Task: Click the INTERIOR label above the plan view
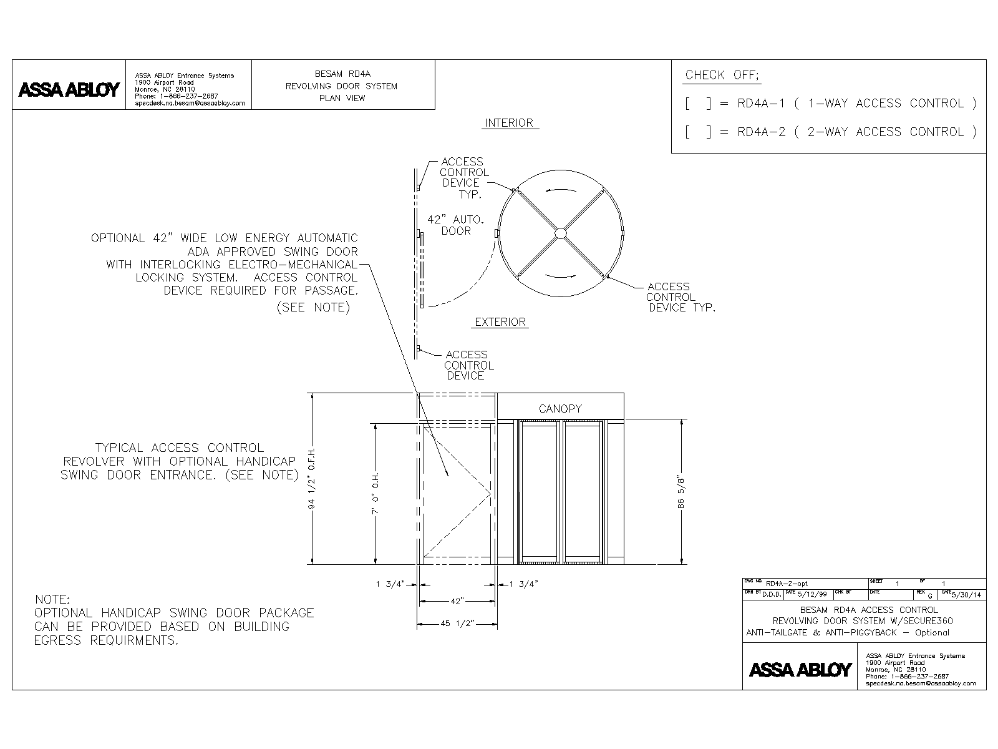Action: (509, 123)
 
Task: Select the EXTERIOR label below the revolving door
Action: (500, 322)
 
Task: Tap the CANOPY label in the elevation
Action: (560, 409)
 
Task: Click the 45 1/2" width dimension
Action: (457, 624)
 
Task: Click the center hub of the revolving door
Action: (560, 233)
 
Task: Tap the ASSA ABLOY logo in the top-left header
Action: (69, 90)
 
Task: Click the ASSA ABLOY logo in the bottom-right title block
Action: (800, 670)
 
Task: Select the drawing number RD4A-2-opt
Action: (787, 583)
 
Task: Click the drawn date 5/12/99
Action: (811, 594)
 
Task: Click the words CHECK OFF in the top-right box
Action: (722, 76)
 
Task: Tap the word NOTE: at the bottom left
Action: (52, 600)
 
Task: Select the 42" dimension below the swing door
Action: (457, 601)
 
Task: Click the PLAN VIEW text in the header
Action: (342, 98)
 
